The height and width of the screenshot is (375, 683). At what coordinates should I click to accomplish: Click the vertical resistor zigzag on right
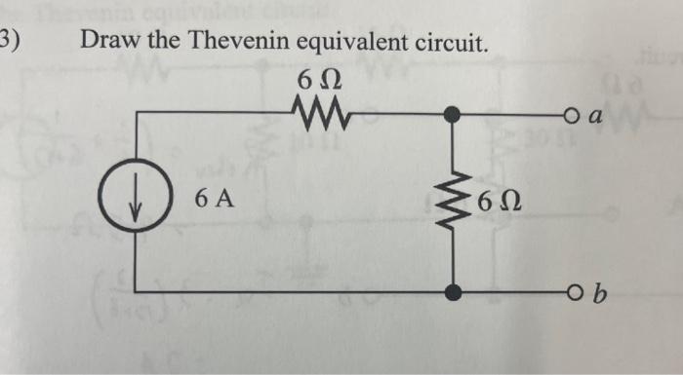click(x=450, y=203)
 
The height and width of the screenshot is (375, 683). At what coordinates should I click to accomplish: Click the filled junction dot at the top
click(x=450, y=113)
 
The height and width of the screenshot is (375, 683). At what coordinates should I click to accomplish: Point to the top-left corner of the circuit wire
click(x=134, y=113)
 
